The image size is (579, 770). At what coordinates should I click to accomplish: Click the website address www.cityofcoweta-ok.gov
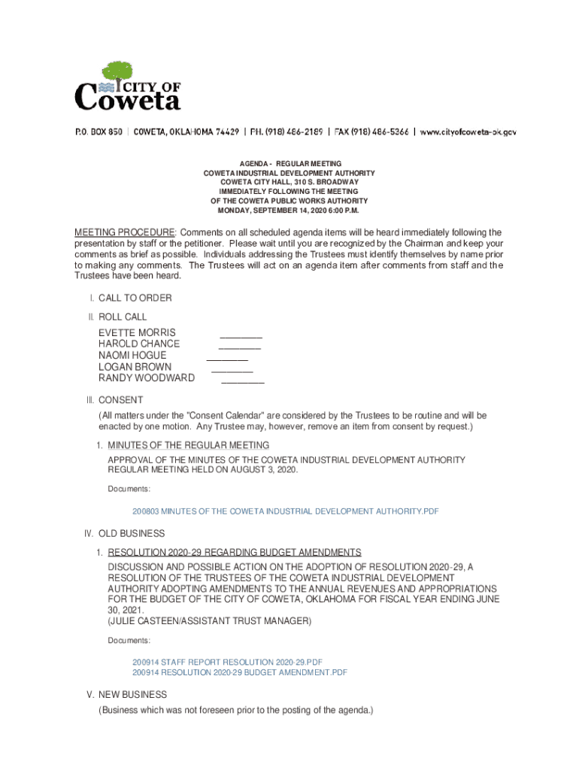coord(468,132)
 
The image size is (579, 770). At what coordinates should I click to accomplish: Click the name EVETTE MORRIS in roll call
coord(137,332)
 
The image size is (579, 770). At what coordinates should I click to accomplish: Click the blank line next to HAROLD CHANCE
coord(239,348)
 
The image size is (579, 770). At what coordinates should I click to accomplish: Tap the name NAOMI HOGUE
coord(132,355)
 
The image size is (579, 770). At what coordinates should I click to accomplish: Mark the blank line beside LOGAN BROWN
coord(232,371)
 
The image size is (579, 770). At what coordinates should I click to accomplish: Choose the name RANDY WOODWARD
coord(147,377)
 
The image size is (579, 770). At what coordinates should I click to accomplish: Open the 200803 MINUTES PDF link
coord(285,511)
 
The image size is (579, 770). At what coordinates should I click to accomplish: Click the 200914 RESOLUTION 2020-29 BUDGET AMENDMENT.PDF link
coord(240,672)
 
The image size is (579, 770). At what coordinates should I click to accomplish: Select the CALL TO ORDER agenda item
coord(135,298)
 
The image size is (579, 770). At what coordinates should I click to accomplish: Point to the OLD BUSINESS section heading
coord(131,534)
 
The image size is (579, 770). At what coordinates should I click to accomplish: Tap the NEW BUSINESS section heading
coord(132,695)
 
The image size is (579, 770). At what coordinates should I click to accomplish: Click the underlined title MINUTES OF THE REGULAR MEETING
coord(188,445)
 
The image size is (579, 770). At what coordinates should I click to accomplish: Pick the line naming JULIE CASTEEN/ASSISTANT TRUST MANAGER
coord(209,621)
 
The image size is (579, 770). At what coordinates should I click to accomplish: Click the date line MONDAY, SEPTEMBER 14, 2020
coord(289,211)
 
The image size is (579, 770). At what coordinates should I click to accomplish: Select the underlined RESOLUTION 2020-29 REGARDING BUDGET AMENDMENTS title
coord(234,553)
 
